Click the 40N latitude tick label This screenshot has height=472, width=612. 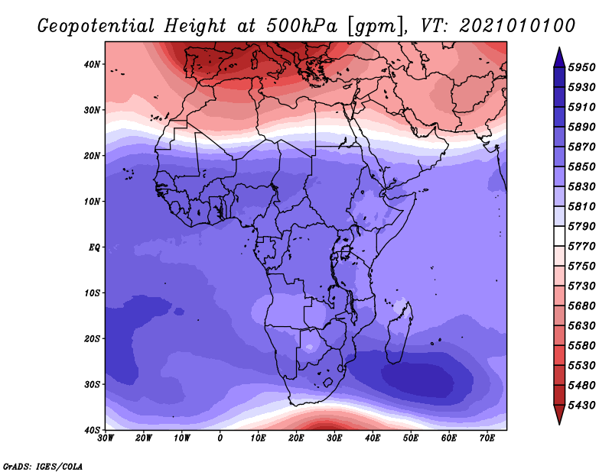(x=92, y=64)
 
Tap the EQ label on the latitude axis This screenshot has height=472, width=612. (x=94, y=247)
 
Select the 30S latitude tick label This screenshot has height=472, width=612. (x=92, y=384)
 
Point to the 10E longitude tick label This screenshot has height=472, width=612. (x=258, y=438)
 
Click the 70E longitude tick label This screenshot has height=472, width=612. (x=487, y=438)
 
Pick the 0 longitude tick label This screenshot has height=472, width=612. (x=220, y=438)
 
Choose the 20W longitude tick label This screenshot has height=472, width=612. (x=144, y=438)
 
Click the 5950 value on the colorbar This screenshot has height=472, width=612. (x=581, y=67)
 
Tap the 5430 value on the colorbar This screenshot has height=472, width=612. (x=581, y=406)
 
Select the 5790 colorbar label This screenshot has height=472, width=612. (x=581, y=226)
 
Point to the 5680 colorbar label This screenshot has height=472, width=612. (x=581, y=306)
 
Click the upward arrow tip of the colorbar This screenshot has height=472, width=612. (x=559, y=48)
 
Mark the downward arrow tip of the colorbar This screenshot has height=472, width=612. (x=559, y=424)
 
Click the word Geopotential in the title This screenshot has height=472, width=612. (x=96, y=27)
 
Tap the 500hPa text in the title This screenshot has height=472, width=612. (x=301, y=26)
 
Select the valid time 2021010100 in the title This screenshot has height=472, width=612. (x=517, y=26)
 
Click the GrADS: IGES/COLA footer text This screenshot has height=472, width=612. (x=43, y=467)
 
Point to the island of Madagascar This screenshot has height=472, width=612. (x=399, y=332)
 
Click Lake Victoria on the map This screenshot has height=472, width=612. (x=346, y=252)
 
